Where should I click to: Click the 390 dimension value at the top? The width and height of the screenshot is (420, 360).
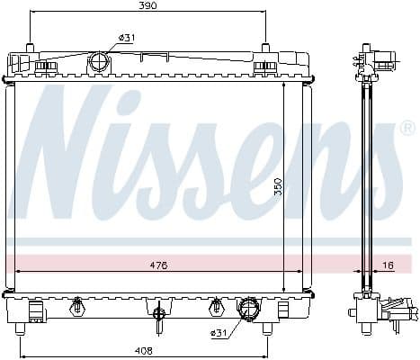(x=147, y=6)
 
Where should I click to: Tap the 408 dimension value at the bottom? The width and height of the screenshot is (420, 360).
(x=143, y=349)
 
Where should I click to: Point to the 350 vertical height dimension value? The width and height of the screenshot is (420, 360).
(x=279, y=186)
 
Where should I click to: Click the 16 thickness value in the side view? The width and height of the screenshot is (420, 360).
(x=388, y=265)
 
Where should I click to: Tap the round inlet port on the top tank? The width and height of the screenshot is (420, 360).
(x=98, y=63)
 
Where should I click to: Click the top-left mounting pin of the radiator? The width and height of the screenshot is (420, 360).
(x=31, y=47)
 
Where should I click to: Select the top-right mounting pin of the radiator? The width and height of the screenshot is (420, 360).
(x=265, y=47)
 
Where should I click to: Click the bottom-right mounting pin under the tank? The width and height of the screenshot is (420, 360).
(x=266, y=328)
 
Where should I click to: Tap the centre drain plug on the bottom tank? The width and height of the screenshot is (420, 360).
(x=158, y=314)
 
